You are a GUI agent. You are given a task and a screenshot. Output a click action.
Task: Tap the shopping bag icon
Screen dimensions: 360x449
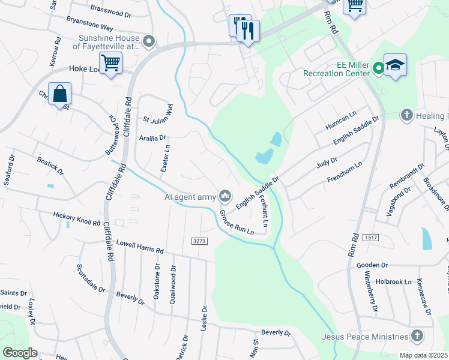[x=60, y=94]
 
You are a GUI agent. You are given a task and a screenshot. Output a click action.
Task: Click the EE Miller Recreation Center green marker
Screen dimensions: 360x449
[x=378, y=68]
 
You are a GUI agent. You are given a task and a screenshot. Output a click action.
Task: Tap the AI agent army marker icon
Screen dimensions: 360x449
[x=226, y=196]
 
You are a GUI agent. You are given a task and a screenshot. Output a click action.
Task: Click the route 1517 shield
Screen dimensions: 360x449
[x=370, y=238]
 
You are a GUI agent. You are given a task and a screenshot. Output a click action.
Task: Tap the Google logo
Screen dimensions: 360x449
[x=20, y=353]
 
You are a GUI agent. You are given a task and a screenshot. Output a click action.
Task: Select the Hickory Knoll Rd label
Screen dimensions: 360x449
[x=76, y=218]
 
